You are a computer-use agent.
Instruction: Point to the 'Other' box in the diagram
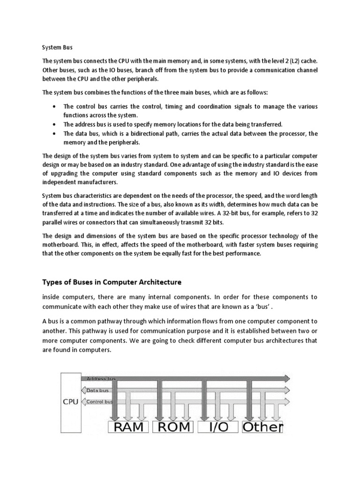(x=262, y=427)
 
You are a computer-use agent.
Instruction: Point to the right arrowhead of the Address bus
(x=286, y=378)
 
